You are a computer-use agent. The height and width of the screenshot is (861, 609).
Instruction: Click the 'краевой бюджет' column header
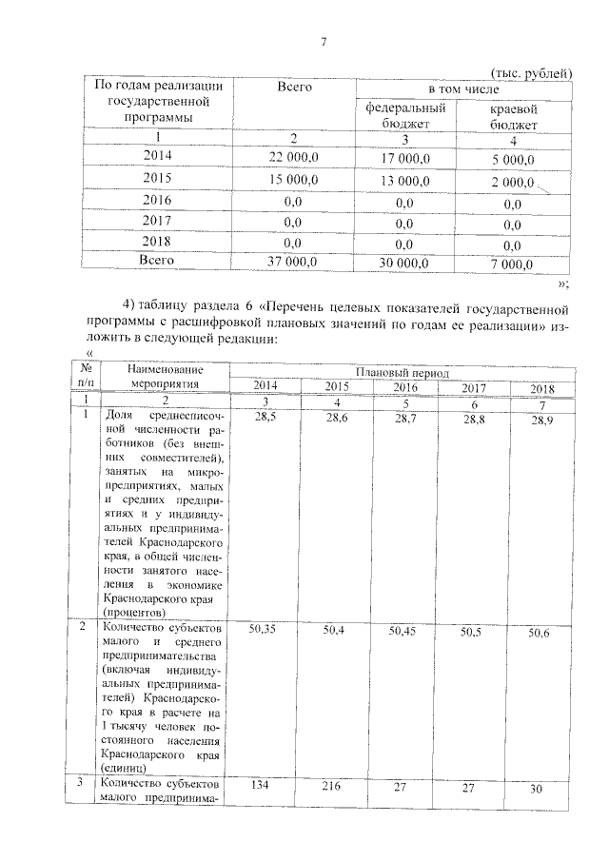[514, 117]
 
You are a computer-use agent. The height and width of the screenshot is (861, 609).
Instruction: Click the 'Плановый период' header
[402, 373]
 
